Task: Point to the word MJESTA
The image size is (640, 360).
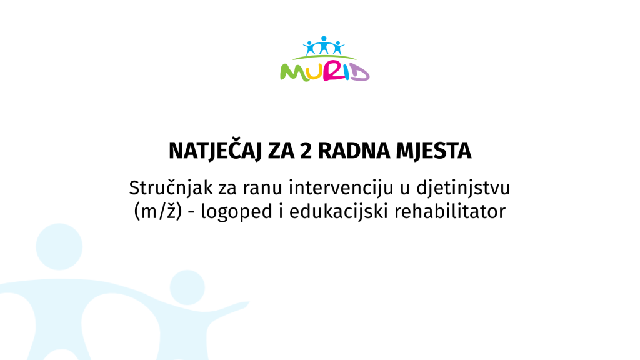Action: pyautogui.click(x=434, y=151)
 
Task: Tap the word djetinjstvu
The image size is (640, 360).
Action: pyautogui.click(x=463, y=188)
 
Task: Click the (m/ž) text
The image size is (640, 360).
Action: pyautogui.click(x=158, y=211)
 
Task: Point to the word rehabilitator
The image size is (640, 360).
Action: pyautogui.click(x=450, y=211)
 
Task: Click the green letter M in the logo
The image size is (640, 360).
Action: pyautogui.click(x=294, y=72)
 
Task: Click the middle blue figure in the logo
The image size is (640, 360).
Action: pyautogui.click(x=324, y=45)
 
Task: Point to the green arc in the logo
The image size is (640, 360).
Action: pyautogui.click(x=324, y=56)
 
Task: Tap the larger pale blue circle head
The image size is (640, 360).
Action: pyautogui.click(x=59, y=246)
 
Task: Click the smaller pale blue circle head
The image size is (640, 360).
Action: pyautogui.click(x=187, y=287)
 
